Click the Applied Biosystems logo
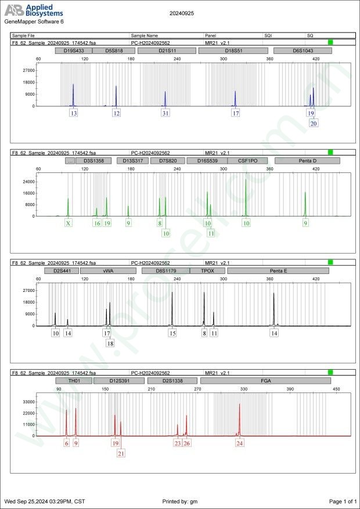34,10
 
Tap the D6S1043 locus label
303,50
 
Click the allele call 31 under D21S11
165,113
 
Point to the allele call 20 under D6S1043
314,123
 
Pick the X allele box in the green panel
69,223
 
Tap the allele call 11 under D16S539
211,233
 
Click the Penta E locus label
278,270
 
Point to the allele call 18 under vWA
110,343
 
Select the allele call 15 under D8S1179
172,333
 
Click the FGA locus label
266,381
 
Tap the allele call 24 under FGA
240,443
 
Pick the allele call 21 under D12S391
121,453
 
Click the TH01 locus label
74,381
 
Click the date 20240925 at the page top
181,12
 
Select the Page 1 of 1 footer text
343,501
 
